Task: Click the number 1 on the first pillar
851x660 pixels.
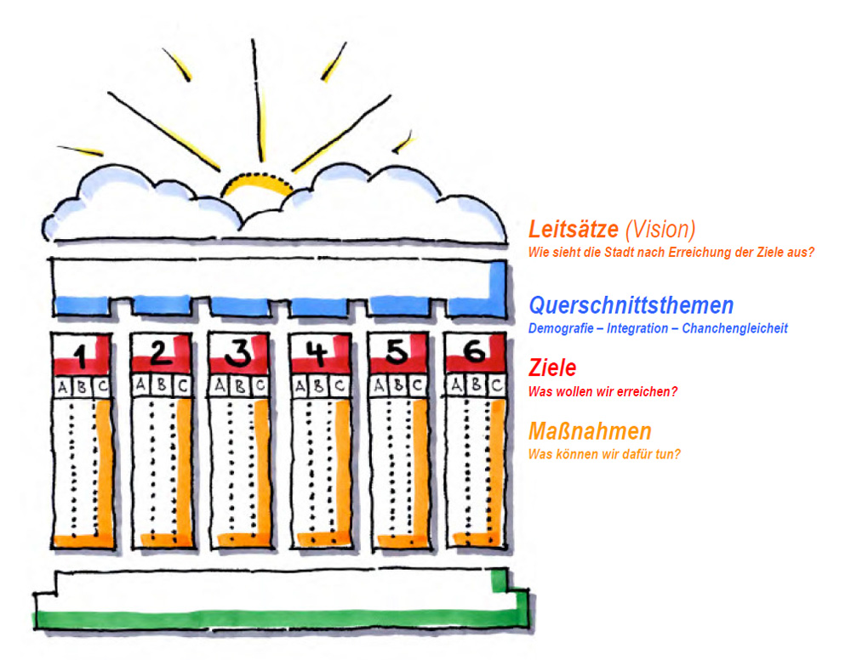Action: (80, 356)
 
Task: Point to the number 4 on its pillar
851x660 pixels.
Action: (317, 353)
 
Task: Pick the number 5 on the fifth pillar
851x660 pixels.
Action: (397, 351)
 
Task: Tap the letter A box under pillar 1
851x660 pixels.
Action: (63, 387)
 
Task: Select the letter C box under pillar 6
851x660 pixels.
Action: (496, 385)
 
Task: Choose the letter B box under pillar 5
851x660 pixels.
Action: (398, 385)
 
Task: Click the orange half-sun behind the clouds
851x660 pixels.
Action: (257, 184)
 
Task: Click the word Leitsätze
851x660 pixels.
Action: (573, 229)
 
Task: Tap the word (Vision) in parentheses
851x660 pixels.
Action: (660, 230)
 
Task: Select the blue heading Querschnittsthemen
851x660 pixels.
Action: (631, 305)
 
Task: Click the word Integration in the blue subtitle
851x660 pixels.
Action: (637, 328)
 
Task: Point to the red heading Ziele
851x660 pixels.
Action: (552, 367)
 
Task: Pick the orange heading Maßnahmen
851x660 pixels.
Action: (590, 431)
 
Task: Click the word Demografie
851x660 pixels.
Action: (561, 328)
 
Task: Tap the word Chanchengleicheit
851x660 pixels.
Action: (735, 328)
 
